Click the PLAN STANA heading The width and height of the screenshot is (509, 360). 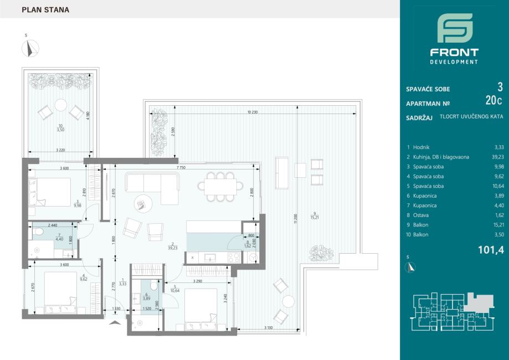point(45,10)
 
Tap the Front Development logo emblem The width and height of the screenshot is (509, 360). point(455,28)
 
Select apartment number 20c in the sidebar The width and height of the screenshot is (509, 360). point(493,101)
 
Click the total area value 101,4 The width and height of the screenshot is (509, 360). point(491,250)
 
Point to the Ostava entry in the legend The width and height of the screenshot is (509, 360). point(421,215)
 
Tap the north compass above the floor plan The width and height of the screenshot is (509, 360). point(30,48)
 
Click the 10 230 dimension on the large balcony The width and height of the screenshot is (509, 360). point(252,112)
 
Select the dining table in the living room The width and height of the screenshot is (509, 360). point(220,187)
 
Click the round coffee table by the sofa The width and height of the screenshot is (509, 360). point(143,204)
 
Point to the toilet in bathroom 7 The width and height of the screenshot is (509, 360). point(38,232)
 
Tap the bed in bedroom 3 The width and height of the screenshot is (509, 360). point(50,192)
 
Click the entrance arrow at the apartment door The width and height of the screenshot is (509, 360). point(115,322)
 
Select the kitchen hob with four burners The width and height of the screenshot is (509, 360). point(234,258)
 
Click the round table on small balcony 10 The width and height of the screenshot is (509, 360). point(61,105)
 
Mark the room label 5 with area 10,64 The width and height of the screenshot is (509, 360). point(174,289)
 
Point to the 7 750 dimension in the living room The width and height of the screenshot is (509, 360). point(181,168)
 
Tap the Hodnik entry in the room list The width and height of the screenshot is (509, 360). point(421,147)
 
